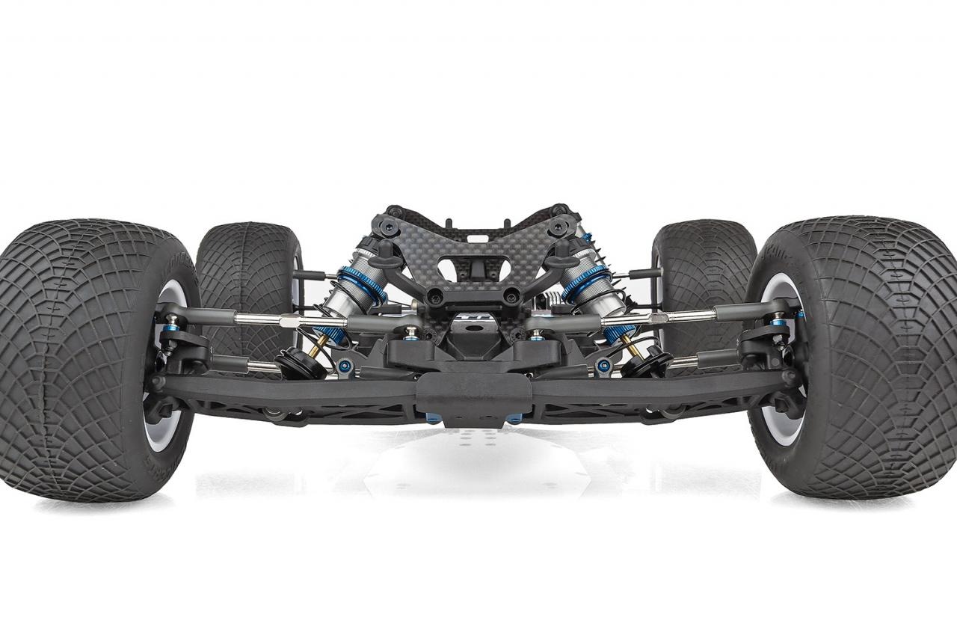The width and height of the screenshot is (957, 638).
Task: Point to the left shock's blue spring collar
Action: tap(362, 285)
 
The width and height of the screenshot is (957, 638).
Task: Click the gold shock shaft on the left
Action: tap(321, 345)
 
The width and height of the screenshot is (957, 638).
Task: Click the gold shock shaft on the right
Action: tap(630, 346)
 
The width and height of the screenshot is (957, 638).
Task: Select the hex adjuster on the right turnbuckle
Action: tap(658, 319)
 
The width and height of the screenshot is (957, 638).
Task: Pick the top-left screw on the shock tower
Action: tap(395, 212)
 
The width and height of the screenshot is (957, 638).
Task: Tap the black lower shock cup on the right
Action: tap(647, 364)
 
